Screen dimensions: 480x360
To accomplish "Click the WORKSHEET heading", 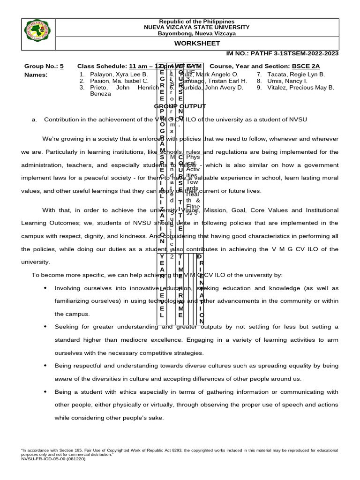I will [197, 43].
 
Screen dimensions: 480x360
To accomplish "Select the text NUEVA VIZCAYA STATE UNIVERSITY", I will [197, 28].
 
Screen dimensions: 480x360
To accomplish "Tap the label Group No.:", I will [41, 67].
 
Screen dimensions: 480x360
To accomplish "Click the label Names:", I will [36, 75].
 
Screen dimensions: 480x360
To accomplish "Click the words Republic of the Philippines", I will [197, 22].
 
